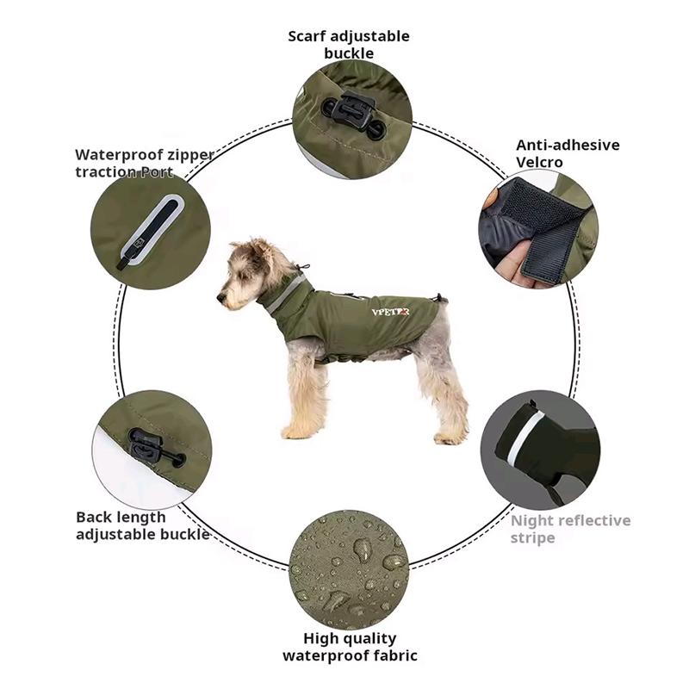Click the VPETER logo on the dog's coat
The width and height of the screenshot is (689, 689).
[389, 312]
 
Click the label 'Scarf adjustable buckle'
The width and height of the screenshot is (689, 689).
[349, 45]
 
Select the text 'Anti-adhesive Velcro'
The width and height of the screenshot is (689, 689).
[567, 153]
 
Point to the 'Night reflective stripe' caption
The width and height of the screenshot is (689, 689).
[570, 529]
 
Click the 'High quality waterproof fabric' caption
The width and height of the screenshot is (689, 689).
[350, 647]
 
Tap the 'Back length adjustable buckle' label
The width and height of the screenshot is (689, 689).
[141, 525]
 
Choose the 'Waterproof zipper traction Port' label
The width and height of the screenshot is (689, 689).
[143, 163]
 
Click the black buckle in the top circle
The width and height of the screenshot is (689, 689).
[352, 115]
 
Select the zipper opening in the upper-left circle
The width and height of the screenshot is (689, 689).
[155, 228]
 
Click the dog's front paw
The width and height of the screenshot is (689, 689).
[297, 431]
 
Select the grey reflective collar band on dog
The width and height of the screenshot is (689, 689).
[285, 294]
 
